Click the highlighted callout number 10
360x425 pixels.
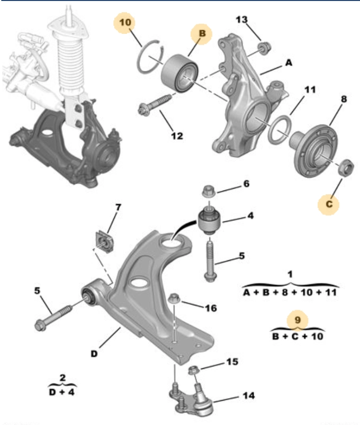125,22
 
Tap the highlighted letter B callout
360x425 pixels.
202,33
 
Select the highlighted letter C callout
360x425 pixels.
329,204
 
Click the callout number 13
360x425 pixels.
241,20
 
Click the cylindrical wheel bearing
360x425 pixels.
179,72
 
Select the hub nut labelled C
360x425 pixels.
346,168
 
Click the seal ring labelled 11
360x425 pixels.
279,129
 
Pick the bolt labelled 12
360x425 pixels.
155,104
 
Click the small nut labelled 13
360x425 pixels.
264,48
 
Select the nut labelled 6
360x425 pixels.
209,191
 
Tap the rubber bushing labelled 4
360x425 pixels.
210,220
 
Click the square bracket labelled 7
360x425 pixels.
104,242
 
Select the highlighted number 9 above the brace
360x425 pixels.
298,320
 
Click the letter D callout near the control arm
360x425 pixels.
94,354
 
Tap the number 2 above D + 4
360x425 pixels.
62,377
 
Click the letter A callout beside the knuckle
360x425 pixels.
289,62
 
